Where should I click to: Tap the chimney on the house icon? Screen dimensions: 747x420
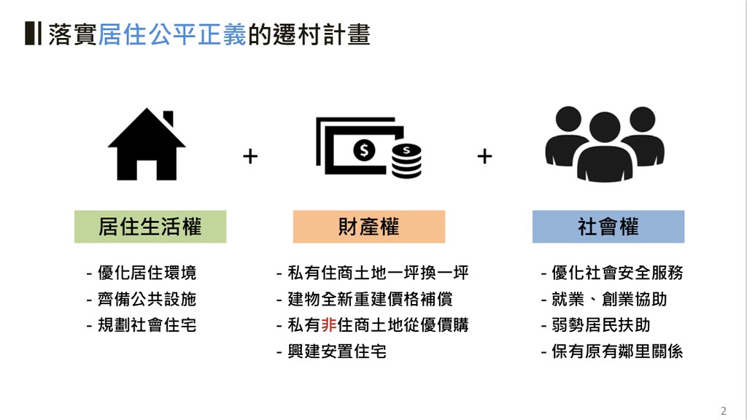(169, 117)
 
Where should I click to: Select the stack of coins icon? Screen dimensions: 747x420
(406, 161)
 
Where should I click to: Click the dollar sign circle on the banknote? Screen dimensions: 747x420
(364, 150)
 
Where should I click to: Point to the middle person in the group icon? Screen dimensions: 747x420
(605, 147)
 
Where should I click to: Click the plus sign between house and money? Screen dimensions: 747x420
(250, 156)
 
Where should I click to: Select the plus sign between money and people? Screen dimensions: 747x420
(484, 156)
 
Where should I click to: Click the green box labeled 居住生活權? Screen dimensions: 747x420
(150, 227)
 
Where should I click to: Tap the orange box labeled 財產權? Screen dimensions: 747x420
(368, 227)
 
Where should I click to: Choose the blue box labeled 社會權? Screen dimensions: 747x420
(608, 227)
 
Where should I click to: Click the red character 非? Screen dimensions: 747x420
(329, 325)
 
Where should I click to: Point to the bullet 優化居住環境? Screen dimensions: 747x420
(142, 273)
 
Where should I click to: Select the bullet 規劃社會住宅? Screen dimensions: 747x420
(142, 325)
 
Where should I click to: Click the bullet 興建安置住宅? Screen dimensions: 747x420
(332, 351)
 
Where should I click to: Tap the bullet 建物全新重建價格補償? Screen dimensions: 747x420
(365, 299)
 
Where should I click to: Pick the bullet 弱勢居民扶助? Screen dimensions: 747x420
(595, 325)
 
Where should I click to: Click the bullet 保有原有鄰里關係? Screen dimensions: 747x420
(612, 351)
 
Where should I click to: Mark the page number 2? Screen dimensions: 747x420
(724, 411)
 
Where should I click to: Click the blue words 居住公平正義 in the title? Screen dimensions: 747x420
(172, 34)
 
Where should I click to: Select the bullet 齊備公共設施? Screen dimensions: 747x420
(142, 299)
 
